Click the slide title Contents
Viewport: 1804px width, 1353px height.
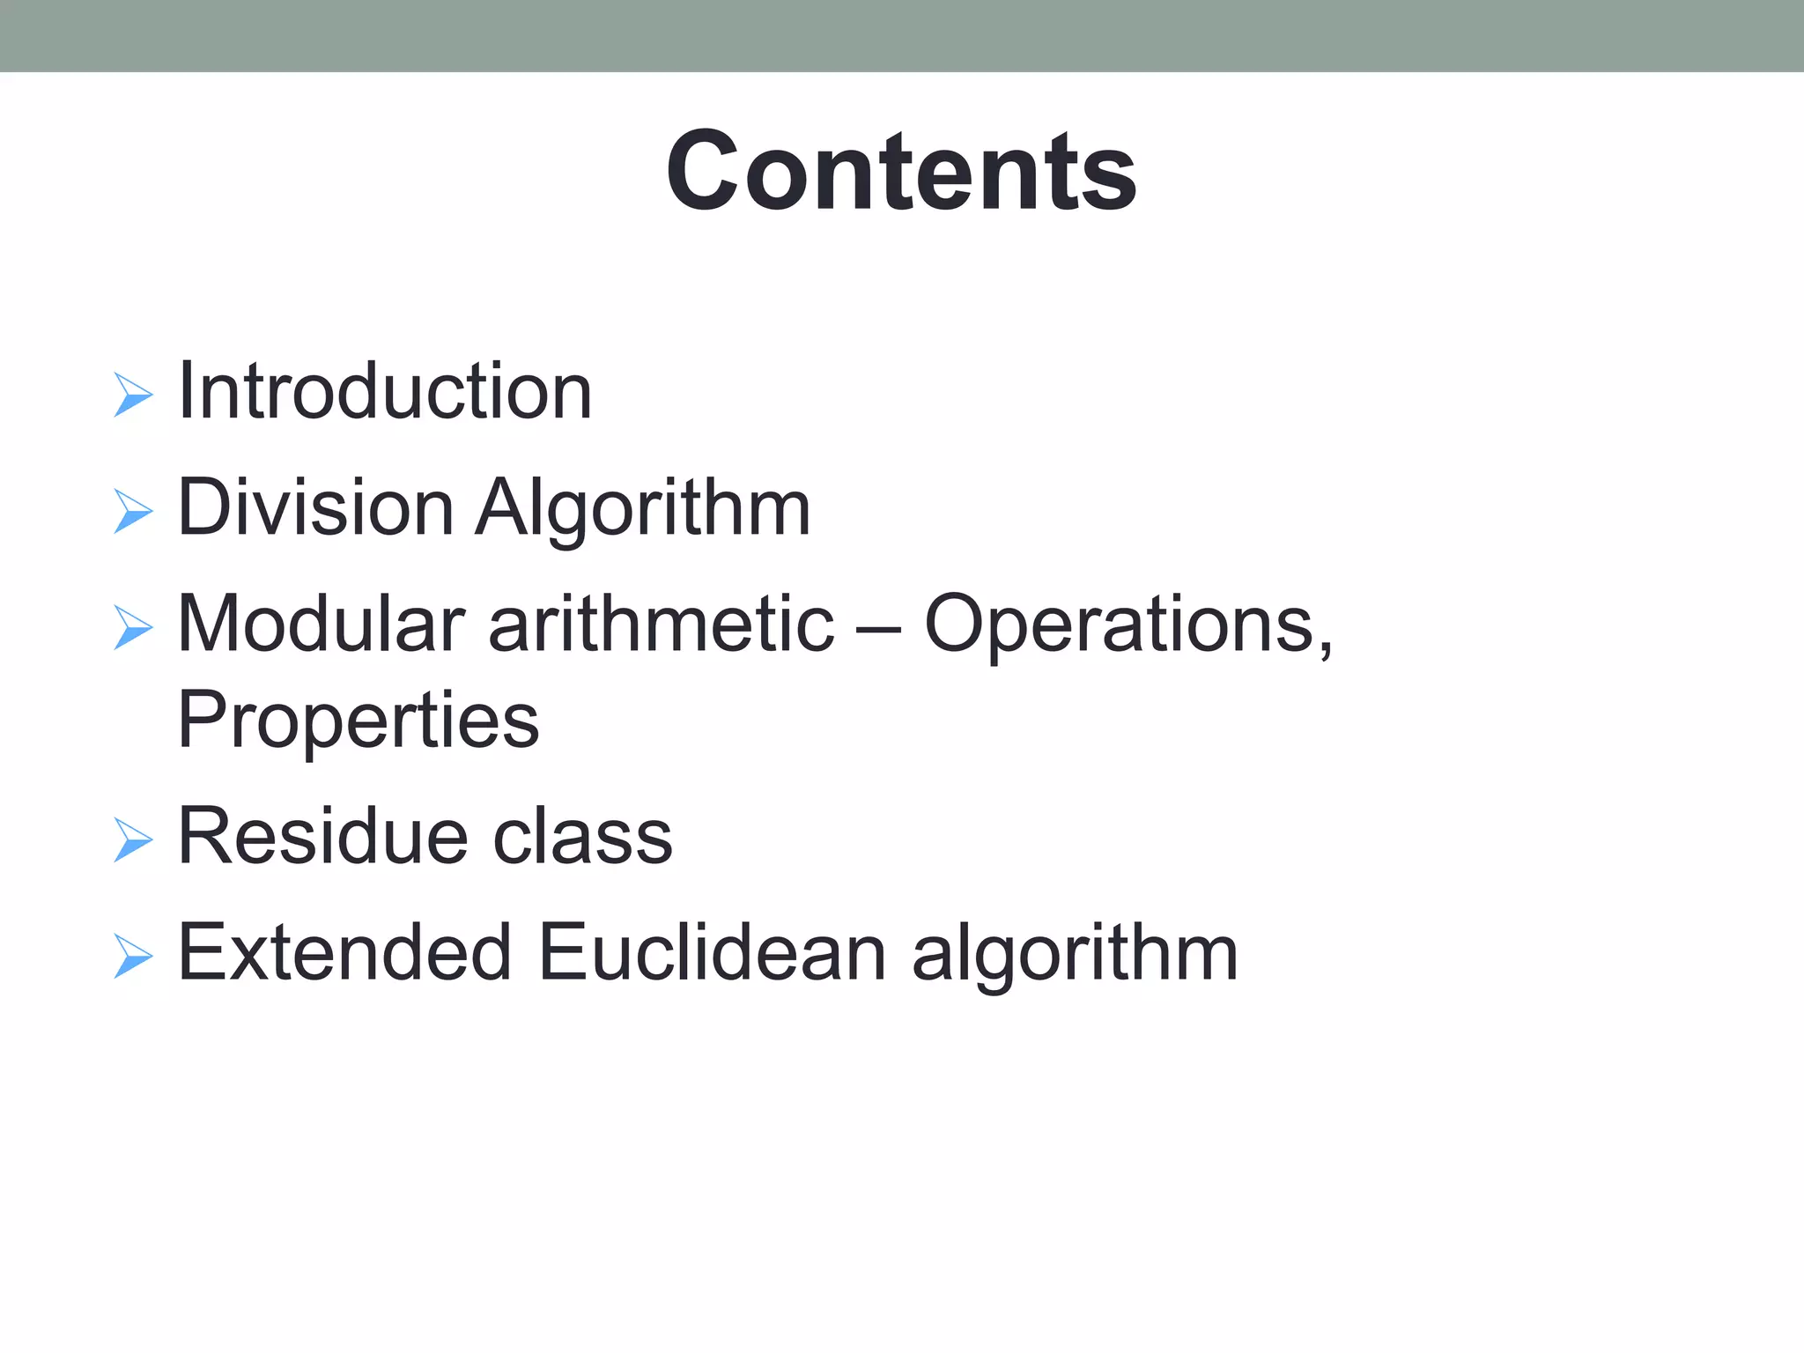901,171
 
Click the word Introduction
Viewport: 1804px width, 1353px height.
385,391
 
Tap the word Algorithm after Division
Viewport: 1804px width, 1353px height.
643,509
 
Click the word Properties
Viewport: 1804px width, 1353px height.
358,721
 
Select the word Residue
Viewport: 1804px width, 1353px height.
322,836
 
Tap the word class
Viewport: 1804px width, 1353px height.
582,836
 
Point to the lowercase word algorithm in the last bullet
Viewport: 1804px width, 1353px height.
1075,954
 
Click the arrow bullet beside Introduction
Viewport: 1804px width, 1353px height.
133,395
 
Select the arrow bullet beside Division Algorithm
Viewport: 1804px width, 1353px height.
133,511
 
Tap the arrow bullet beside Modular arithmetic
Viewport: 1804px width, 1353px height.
133,627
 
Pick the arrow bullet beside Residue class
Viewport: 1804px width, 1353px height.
133,839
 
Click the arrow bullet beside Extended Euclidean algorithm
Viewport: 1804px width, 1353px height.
133,956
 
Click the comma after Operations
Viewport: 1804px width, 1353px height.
1325,650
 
